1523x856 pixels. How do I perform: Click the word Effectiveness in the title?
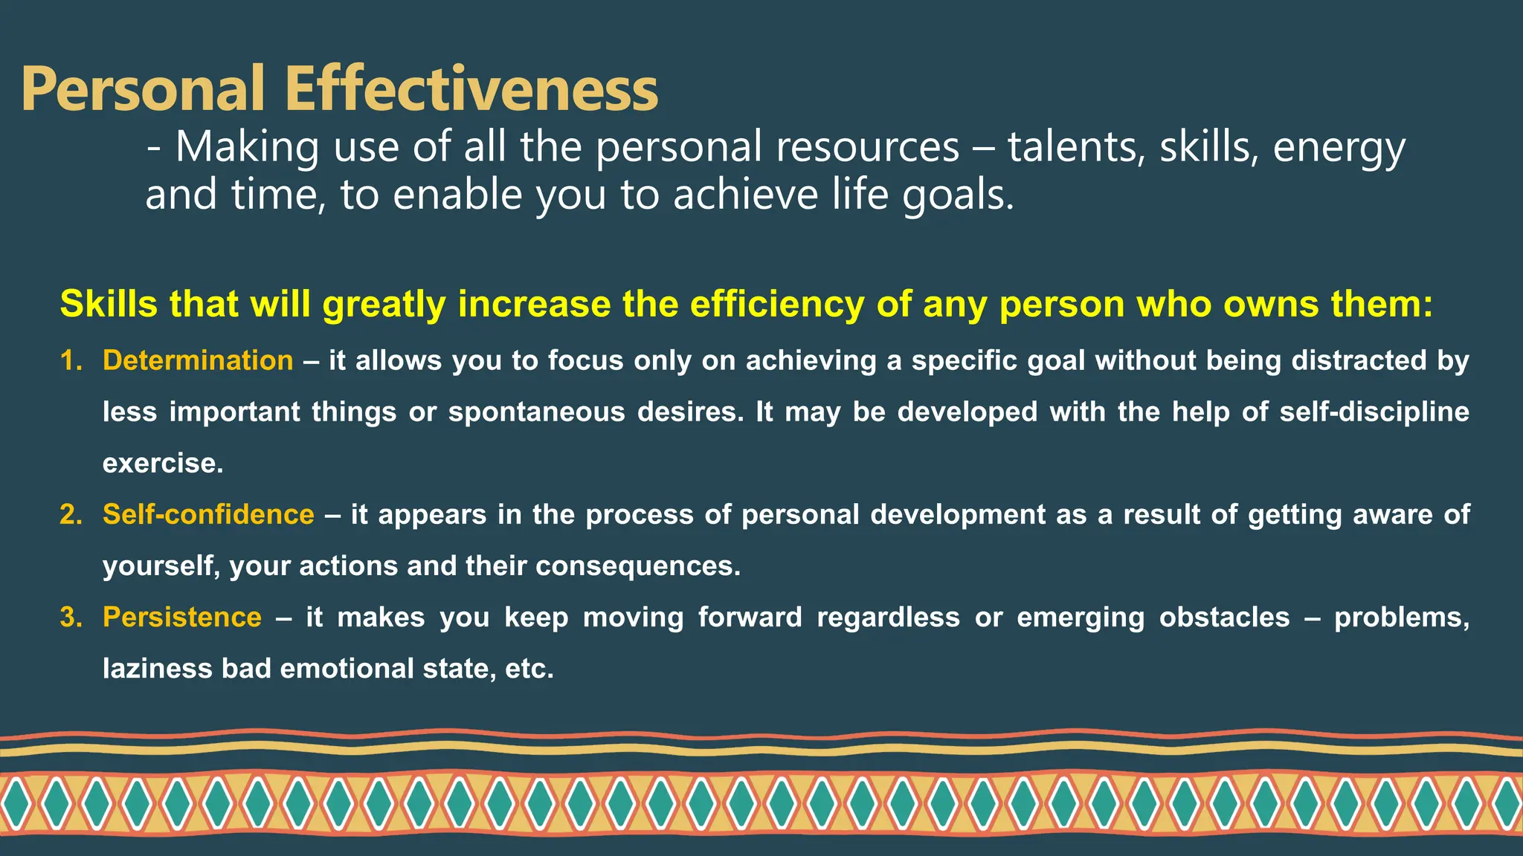click(471, 89)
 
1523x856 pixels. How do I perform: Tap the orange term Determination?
click(198, 360)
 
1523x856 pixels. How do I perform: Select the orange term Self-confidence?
click(208, 514)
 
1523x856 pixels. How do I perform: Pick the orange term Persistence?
click(182, 617)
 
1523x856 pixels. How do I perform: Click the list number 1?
click(71, 360)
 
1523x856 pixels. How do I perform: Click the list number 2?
click(71, 514)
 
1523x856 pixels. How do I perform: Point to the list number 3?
click(71, 617)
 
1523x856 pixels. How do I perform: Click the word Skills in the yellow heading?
click(109, 304)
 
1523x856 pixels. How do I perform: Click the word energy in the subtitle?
click(1339, 148)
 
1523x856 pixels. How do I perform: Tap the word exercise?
click(162, 463)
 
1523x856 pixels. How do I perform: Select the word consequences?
click(637, 565)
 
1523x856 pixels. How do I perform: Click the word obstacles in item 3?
click(1224, 617)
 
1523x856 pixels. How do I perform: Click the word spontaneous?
click(536, 412)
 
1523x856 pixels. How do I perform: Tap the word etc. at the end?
click(529, 668)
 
